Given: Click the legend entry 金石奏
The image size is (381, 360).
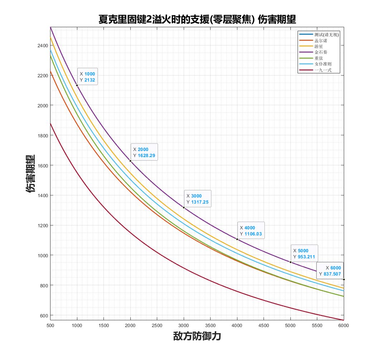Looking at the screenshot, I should pos(320,52).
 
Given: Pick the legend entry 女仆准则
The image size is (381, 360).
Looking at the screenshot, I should pos(323,64).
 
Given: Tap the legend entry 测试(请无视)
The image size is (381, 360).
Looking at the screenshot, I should pos(326,35).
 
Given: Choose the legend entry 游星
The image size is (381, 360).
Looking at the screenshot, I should pos(319,46).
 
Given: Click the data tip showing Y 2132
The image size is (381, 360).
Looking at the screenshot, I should pos(87,77).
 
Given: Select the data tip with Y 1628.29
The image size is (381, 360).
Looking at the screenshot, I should pos(144,152).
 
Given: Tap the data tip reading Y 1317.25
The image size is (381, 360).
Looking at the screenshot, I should pos(197,199).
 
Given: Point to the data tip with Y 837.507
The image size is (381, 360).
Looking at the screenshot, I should pos(330,271).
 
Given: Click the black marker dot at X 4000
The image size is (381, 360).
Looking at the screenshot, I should pos(237,239).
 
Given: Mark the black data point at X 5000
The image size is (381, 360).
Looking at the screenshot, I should pos(290,262).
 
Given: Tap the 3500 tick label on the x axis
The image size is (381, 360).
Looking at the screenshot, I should pos(210,325).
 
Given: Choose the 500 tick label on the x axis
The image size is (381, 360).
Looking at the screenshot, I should pos(50,325).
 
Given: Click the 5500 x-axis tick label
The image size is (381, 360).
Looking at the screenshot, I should pos(317,325).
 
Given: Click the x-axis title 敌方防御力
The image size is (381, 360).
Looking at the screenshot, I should pos(197,337).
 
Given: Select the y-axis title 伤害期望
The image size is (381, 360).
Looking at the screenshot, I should pos(31,174).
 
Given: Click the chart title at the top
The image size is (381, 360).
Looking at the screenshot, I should pos(197,19).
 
